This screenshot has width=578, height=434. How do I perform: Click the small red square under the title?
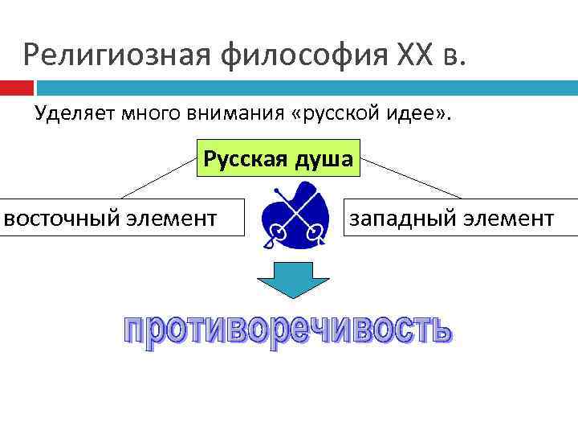(16, 87)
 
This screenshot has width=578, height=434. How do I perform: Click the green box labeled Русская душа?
(278, 158)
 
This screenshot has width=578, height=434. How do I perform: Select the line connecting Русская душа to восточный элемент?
(159, 178)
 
